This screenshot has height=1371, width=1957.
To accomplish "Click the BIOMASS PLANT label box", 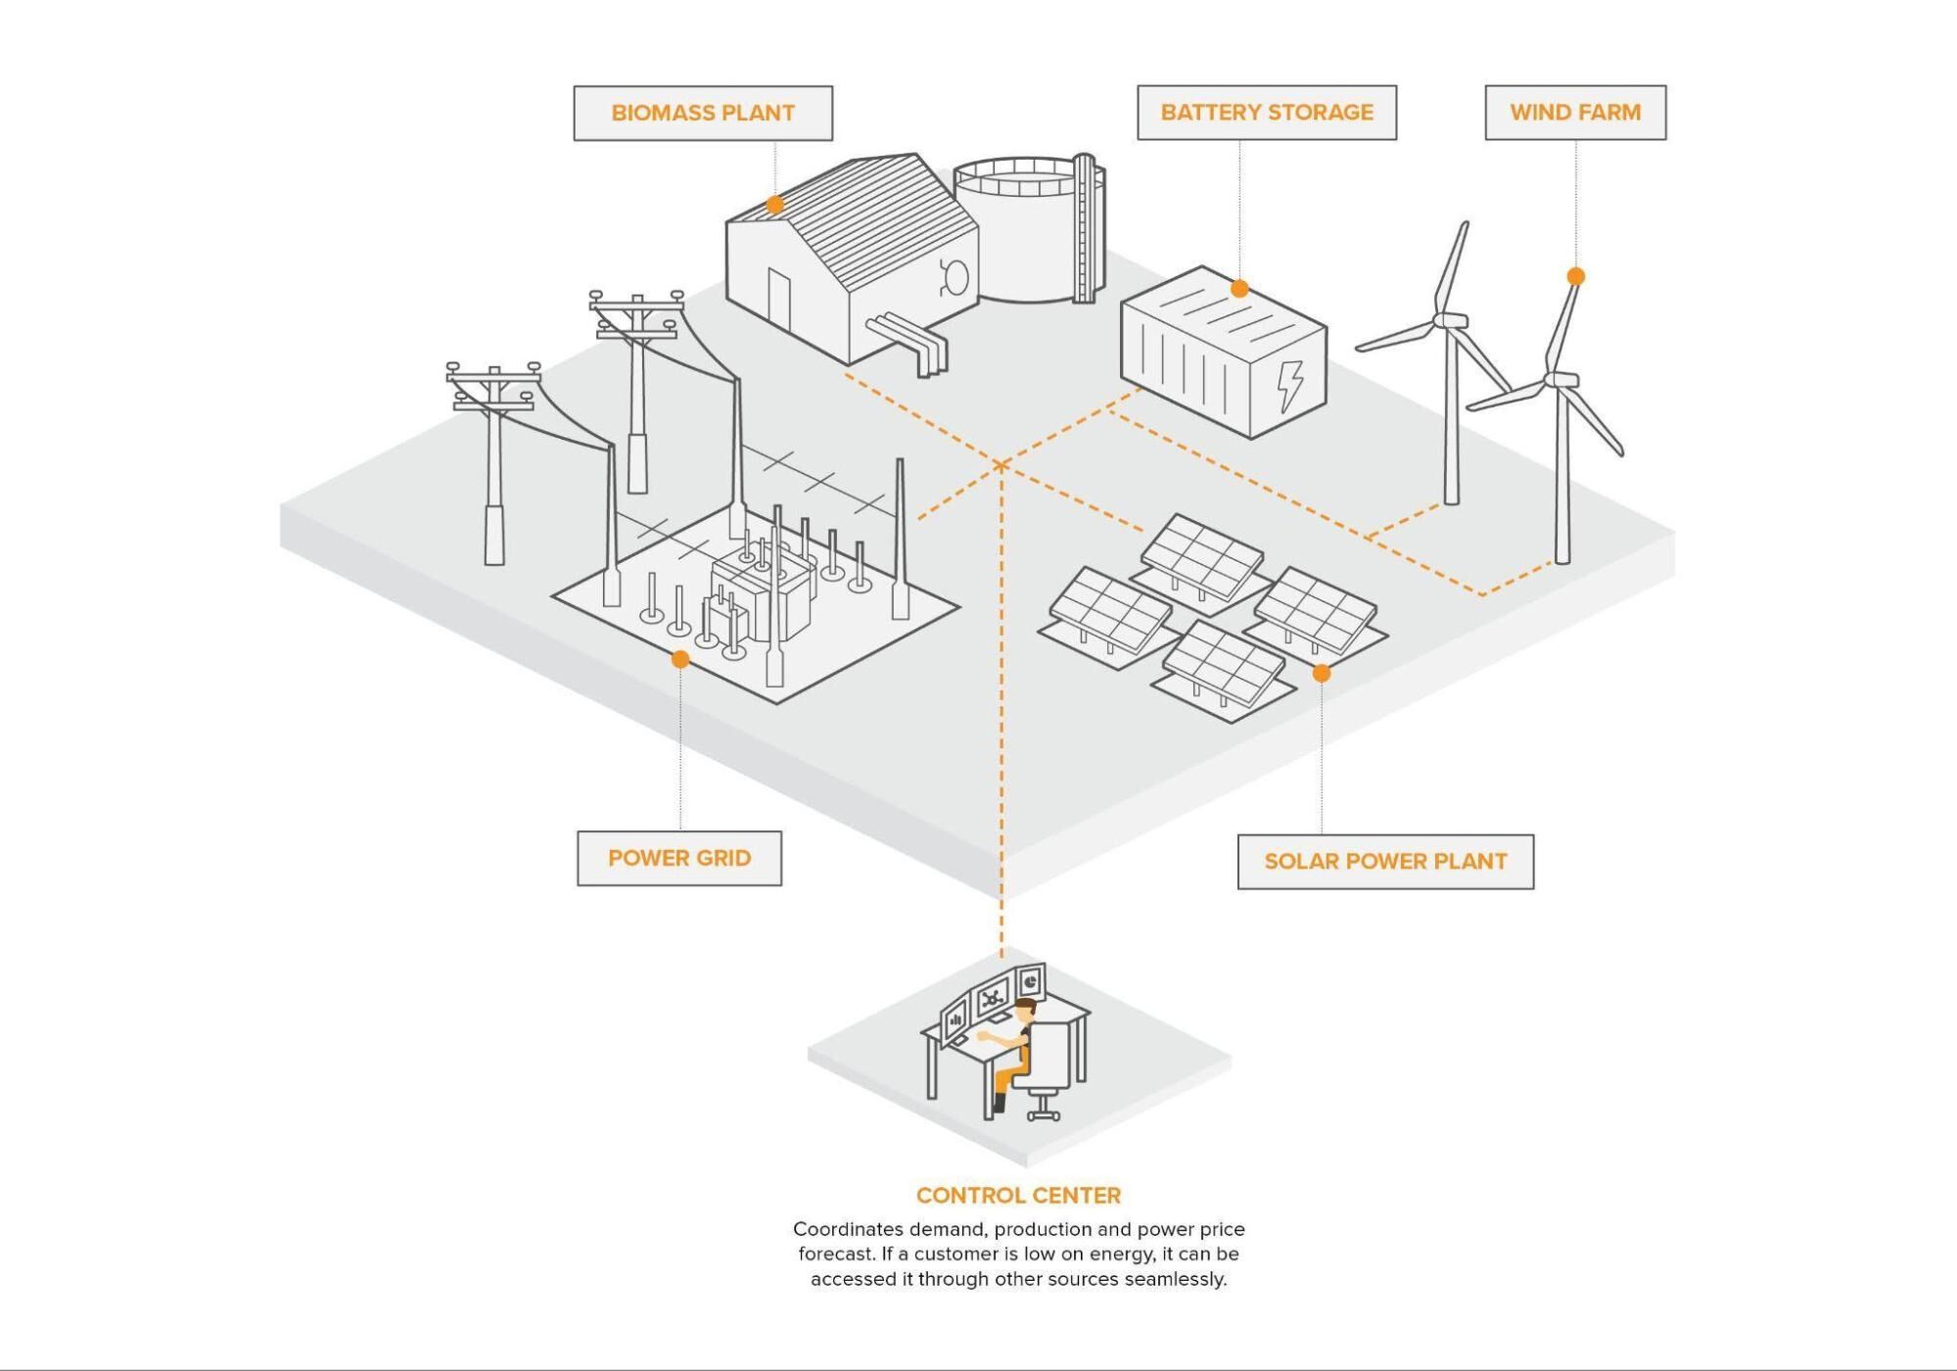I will pos(703,113).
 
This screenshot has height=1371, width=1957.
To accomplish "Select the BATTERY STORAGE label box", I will pos(1266,113).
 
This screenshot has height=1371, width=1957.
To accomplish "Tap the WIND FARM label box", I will pos(1574,113).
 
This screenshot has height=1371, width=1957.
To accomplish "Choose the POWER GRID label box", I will pos(678,858).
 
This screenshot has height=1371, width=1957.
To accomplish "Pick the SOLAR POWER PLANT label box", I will pos(1384,862).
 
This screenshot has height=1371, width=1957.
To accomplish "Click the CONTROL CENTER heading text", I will pos(1018,1195).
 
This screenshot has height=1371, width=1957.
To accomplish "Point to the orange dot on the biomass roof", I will pos(774,205).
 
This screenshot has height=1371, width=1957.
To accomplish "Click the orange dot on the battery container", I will pos(1239,289).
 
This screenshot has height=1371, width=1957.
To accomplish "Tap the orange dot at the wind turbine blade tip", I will pos(1575,277).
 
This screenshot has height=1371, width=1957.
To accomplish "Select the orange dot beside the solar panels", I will pos(1322,674).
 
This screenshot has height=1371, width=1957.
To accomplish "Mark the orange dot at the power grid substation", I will pos(680,659).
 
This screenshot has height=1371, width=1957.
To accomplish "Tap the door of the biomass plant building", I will pos(778,299).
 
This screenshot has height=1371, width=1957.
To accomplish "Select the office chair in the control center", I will pos(1048,1067).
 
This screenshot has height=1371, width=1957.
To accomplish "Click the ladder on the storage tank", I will pos(1084,230).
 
